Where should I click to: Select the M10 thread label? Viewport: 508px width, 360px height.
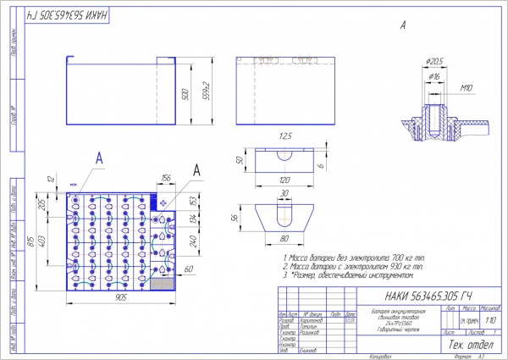[467, 87]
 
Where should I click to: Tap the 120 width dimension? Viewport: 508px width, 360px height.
[284, 180]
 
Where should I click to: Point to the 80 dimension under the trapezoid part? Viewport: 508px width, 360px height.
[284, 238]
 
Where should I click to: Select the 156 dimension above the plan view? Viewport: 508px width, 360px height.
[165, 177]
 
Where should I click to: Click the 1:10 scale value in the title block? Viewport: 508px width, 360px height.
[492, 320]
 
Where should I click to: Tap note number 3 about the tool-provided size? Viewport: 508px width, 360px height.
[347, 275]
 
